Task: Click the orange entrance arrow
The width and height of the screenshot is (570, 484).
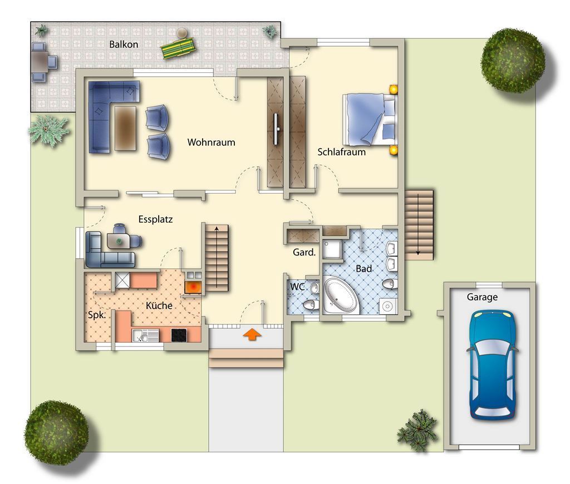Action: click(252, 334)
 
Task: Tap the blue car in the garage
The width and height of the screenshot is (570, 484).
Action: click(493, 364)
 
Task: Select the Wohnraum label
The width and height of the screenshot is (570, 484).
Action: click(211, 142)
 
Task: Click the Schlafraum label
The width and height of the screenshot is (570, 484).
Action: click(342, 152)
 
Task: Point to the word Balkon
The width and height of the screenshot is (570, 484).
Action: click(124, 45)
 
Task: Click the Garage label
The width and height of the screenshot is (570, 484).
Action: click(482, 297)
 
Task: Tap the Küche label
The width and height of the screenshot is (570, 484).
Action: click(159, 305)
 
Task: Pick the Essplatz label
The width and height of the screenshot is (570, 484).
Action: click(156, 220)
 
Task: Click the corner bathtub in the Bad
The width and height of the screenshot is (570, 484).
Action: click(341, 295)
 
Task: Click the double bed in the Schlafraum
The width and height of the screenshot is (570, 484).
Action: click(370, 120)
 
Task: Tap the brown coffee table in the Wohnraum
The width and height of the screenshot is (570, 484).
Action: click(125, 128)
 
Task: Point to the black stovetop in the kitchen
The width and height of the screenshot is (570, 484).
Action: click(179, 335)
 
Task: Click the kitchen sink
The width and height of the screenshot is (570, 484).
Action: click(145, 335)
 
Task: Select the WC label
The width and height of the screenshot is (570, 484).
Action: click(297, 287)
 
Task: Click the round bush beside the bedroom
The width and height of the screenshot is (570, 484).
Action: click(513, 60)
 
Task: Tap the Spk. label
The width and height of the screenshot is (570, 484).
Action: click(97, 315)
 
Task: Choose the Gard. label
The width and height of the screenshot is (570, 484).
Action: click(304, 252)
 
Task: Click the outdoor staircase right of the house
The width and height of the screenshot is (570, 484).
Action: click(419, 225)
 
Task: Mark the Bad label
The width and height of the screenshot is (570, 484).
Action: click(363, 269)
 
